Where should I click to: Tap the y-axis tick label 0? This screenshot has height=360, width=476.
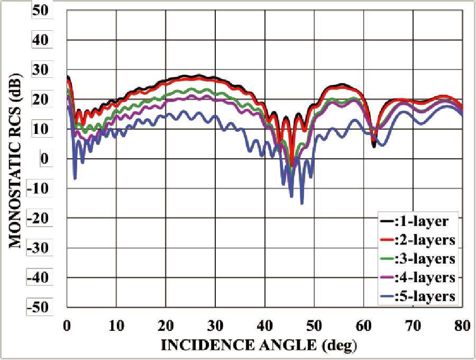(x=44, y=159)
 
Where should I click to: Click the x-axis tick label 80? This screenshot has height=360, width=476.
(x=462, y=325)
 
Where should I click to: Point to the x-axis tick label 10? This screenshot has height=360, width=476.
(x=116, y=325)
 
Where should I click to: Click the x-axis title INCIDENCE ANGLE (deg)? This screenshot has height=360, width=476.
(x=259, y=346)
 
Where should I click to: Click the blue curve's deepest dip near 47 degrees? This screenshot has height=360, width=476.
(x=302, y=203)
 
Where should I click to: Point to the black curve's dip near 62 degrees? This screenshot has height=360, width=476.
(x=374, y=146)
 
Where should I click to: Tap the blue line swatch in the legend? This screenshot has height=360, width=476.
(x=387, y=297)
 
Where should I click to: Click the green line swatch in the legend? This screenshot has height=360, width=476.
(x=387, y=259)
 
